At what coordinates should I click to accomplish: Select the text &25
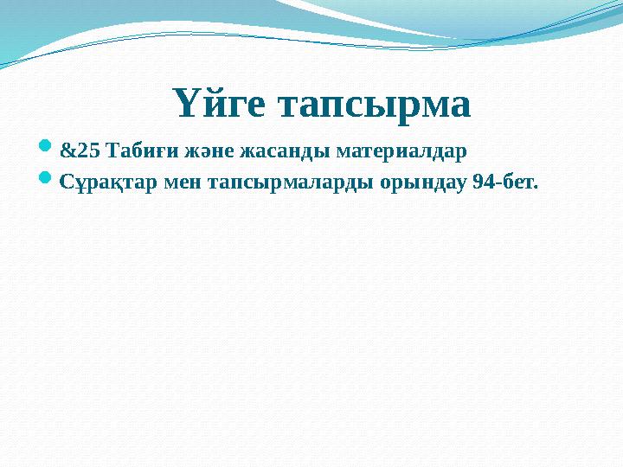(80, 152)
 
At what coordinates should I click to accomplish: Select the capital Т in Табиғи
(111, 152)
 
